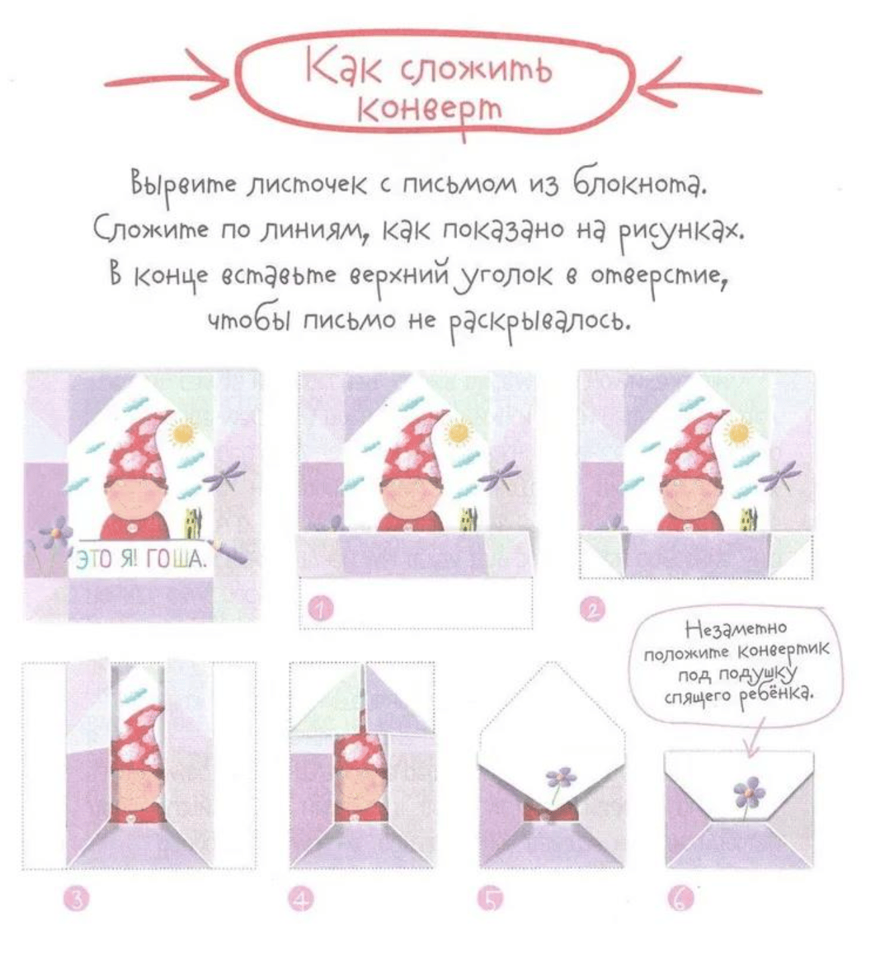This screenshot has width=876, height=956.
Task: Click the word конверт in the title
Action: click(x=430, y=109)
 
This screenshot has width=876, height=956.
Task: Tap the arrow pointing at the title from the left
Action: click(x=166, y=82)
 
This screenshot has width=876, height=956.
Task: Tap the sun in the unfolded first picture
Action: click(x=184, y=432)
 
